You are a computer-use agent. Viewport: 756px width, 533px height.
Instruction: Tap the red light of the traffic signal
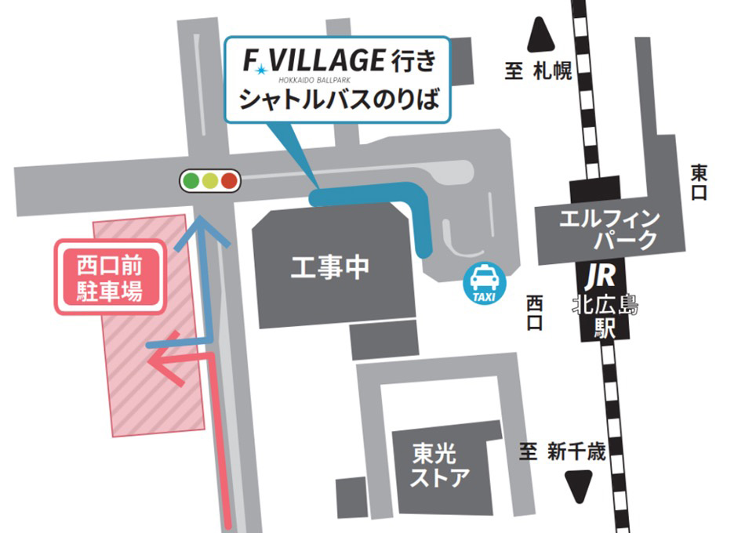click(x=229, y=182)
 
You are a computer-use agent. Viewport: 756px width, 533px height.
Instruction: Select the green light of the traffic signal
click(x=191, y=182)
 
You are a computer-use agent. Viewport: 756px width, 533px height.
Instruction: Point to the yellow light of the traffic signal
click(x=209, y=182)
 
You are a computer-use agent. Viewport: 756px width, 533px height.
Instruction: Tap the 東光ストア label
click(x=442, y=464)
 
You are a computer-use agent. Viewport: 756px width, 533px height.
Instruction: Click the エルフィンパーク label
click(x=609, y=228)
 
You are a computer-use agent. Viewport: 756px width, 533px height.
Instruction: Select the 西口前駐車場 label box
click(x=110, y=279)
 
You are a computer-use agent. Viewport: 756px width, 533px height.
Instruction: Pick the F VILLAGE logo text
click(x=311, y=60)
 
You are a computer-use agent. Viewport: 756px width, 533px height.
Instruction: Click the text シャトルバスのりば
click(x=337, y=100)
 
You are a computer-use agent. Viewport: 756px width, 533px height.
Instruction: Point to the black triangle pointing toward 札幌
click(x=540, y=35)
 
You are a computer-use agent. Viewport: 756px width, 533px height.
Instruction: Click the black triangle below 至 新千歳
click(x=580, y=487)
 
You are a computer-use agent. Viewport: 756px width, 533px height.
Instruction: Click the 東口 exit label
click(x=699, y=182)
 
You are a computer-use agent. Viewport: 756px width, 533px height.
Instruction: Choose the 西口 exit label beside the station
click(x=535, y=313)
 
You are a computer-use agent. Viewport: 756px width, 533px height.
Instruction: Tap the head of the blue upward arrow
click(x=202, y=227)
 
